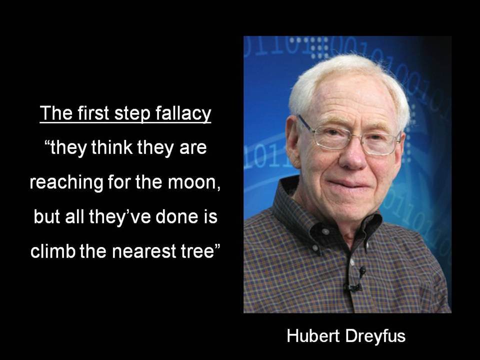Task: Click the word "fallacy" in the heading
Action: pos(183,114)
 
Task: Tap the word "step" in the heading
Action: pos(132,114)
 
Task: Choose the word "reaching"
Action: pos(66,183)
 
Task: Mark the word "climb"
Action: pos(52,251)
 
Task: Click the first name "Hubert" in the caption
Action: pos(313,336)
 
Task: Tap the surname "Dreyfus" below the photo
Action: pos(375,336)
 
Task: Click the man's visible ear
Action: pos(293,141)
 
